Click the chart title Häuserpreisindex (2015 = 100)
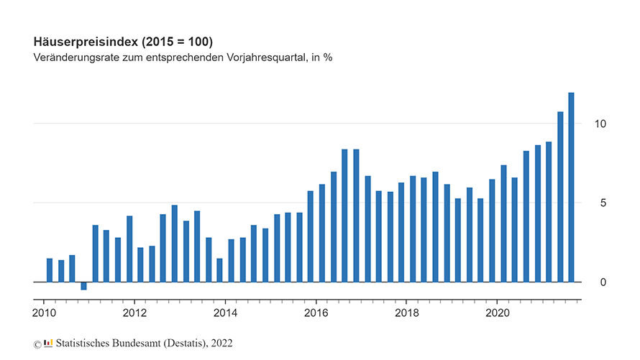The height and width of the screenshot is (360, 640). (123, 41)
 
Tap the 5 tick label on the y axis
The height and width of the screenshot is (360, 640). (603, 203)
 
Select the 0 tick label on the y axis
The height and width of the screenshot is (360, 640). (603, 282)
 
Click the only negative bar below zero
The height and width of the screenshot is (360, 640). (83, 286)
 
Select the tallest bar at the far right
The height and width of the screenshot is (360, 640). (572, 187)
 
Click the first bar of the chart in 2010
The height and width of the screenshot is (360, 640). (50, 270)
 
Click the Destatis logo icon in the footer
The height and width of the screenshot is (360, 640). (48, 343)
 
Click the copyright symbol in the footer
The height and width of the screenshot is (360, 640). (37, 344)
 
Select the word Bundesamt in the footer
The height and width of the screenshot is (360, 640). (135, 343)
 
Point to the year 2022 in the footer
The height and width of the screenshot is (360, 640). (221, 343)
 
